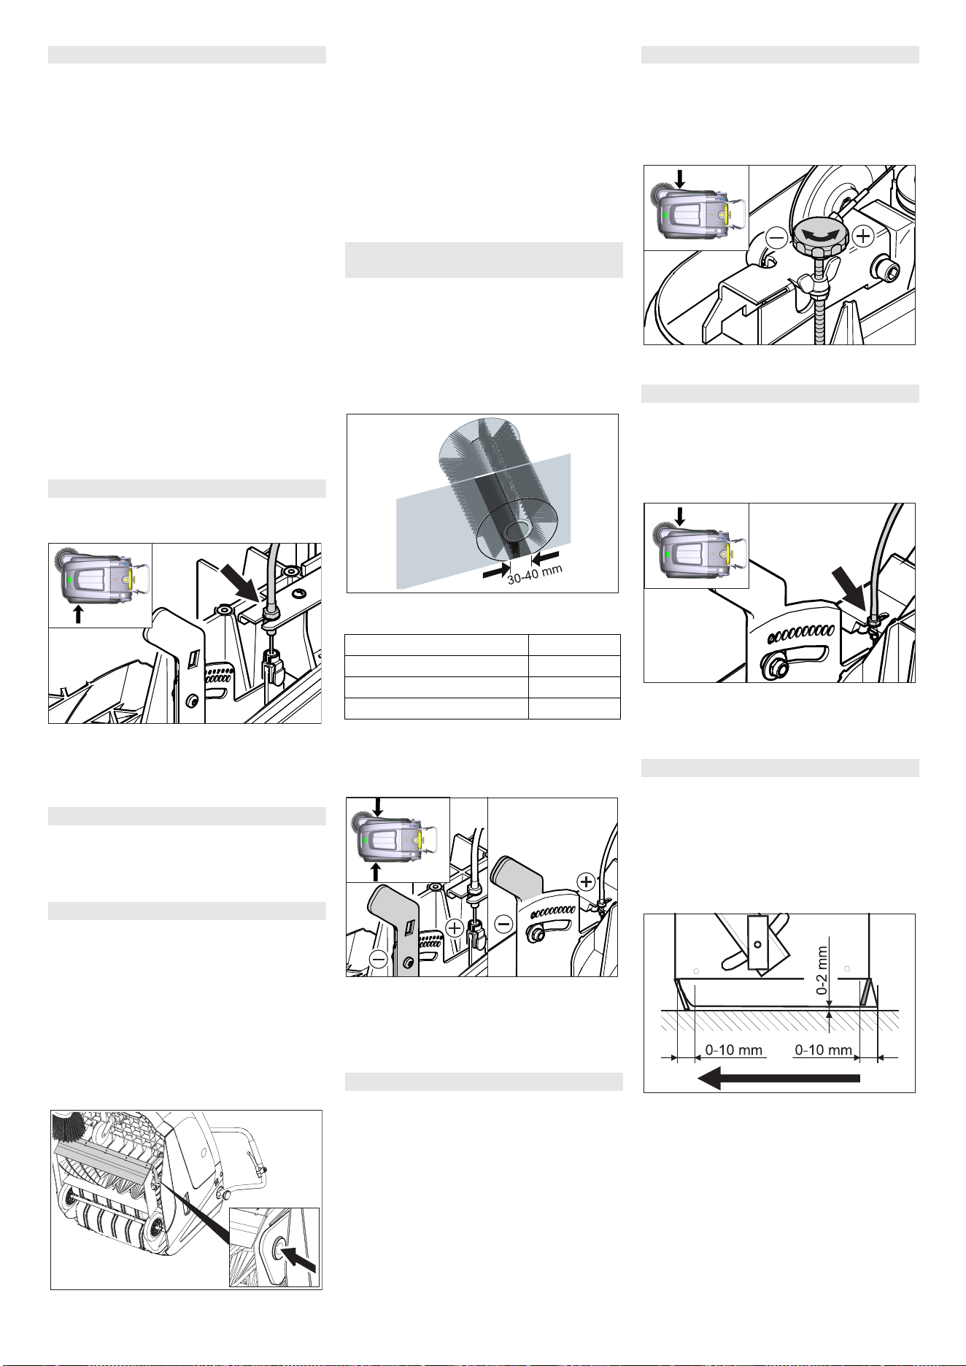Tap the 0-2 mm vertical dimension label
(822, 971)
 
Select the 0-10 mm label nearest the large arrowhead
(734, 1051)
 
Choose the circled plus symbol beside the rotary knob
(862, 236)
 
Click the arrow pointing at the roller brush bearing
(299, 1258)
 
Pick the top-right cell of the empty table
(574, 645)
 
